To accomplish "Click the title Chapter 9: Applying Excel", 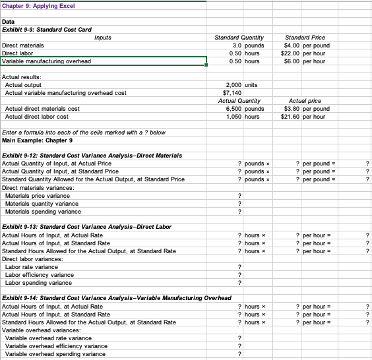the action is (x=39, y=6).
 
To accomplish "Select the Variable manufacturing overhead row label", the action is (x=47, y=61).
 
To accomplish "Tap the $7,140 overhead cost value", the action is (x=232, y=93).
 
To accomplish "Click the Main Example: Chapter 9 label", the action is (x=38, y=140).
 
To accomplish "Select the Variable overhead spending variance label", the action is (x=55, y=354).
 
